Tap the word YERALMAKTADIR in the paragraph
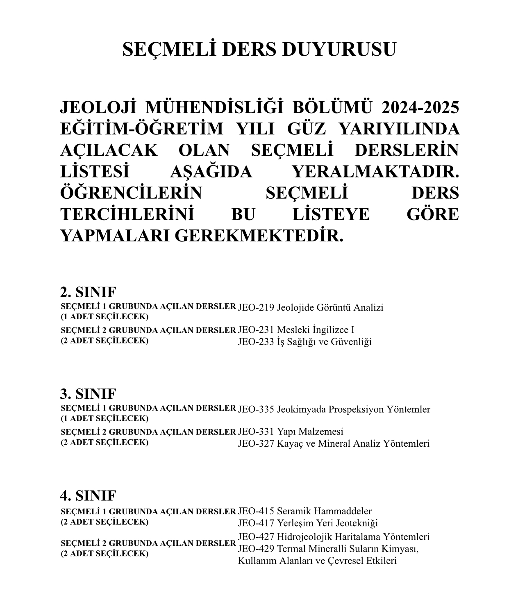tap(375, 172)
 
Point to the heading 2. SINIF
tap(88, 293)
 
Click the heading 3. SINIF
tap(88, 394)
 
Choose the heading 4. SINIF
tap(88, 496)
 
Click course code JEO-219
tap(256, 307)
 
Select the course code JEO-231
tap(256, 330)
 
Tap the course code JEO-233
tap(256, 342)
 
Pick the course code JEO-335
tap(256, 409)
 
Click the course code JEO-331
tap(256, 432)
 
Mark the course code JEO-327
tap(256, 443)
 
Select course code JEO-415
tap(256, 511)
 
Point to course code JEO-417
tap(256, 523)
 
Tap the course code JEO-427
tap(256, 537)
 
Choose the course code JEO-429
tap(256, 549)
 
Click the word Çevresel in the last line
tap(346, 561)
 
